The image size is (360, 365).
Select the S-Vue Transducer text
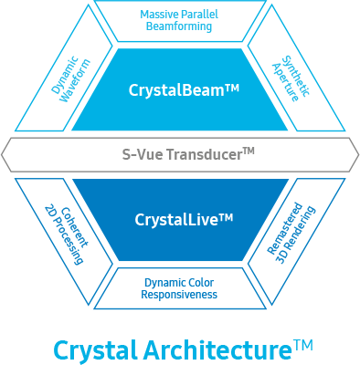[x=180, y=154]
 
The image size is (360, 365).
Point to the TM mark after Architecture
[x=303, y=344]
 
